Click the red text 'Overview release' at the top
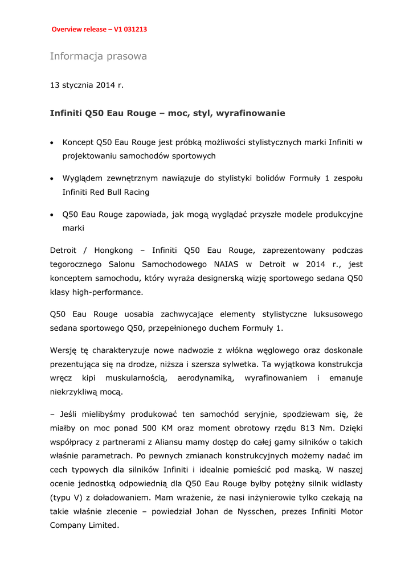pos(79,29)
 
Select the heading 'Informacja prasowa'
pos(98,56)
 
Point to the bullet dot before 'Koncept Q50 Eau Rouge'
pos(52,142)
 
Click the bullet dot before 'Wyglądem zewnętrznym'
pos(52,179)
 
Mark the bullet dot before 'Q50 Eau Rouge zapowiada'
pos(52,215)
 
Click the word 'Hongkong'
pos(113,251)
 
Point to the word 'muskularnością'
pos(135,378)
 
